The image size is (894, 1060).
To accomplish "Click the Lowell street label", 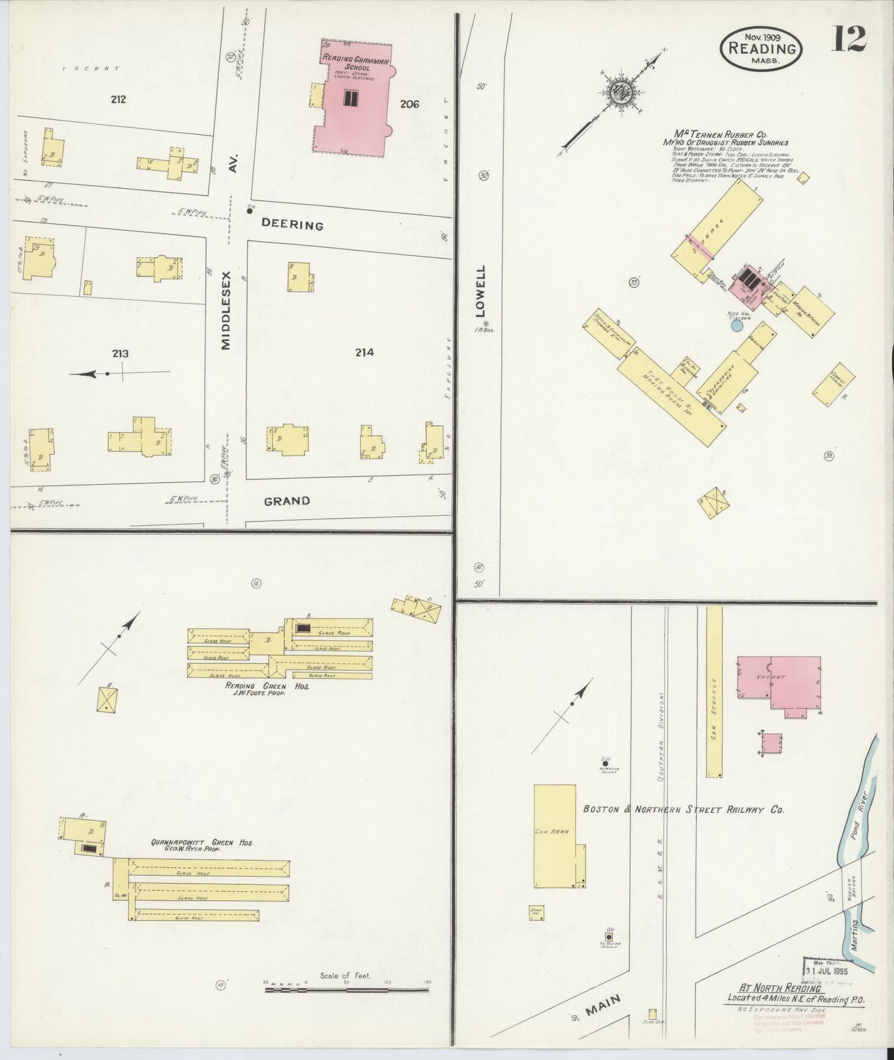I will tap(481, 291).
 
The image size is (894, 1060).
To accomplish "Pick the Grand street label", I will tap(286, 500).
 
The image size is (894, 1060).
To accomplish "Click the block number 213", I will tap(120, 353).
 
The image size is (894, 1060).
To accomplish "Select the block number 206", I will tap(409, 104).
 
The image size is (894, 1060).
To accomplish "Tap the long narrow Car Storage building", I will tap(714, 691).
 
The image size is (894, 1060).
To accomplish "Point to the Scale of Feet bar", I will tap(346, 989).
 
